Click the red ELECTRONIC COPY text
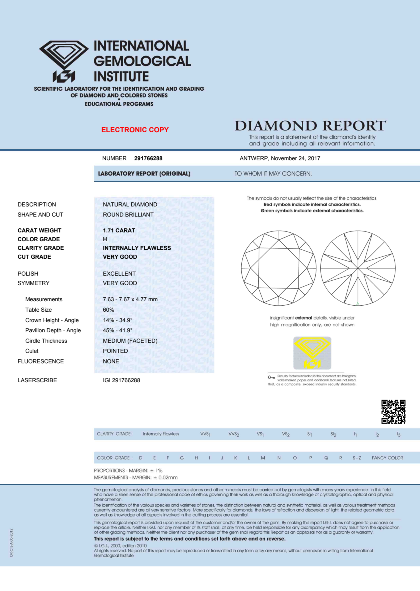pyautogui.click(x=135, y=130)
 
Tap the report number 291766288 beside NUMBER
pyautogui.click(x=148, y=158)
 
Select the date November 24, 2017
pyautogui.click(x=295, y=158)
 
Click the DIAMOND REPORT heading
pyautogui.click(x=310, y=126)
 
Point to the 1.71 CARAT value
pyautogui.click(x=119, y=230)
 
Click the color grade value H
pyautogui.click(x=105, y=239)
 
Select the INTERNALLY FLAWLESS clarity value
pyautogui.click(x=137, y=248)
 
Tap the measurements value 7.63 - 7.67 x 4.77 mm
pyautogui.click(x=130, y=299)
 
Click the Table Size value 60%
pyautogui.click(x=108, y=310)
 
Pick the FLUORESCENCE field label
pyautogui.click(x=41, y=361)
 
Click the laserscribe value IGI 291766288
pyautogui.click(x=121, y=380)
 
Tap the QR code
pyautogui.click(x=393, y=412)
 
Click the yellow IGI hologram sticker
pyautogui.click(x=312, y=353)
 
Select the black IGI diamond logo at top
pyautogui.click(x=64, y=61)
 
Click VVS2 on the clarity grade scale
pyautogui.click(x=234, y=434)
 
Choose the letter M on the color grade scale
pyautogui.click(x=263, y=458)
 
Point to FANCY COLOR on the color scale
pyautogui.click(x=387, y=458)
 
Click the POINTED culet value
pyautogui.click(x=115, y=351)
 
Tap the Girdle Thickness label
pyautogui.click(x=46, y=341)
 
